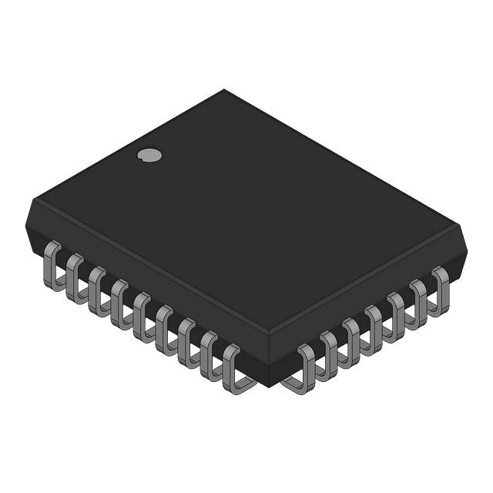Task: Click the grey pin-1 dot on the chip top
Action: pos(149,155)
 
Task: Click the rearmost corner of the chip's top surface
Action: pos(224,90)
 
